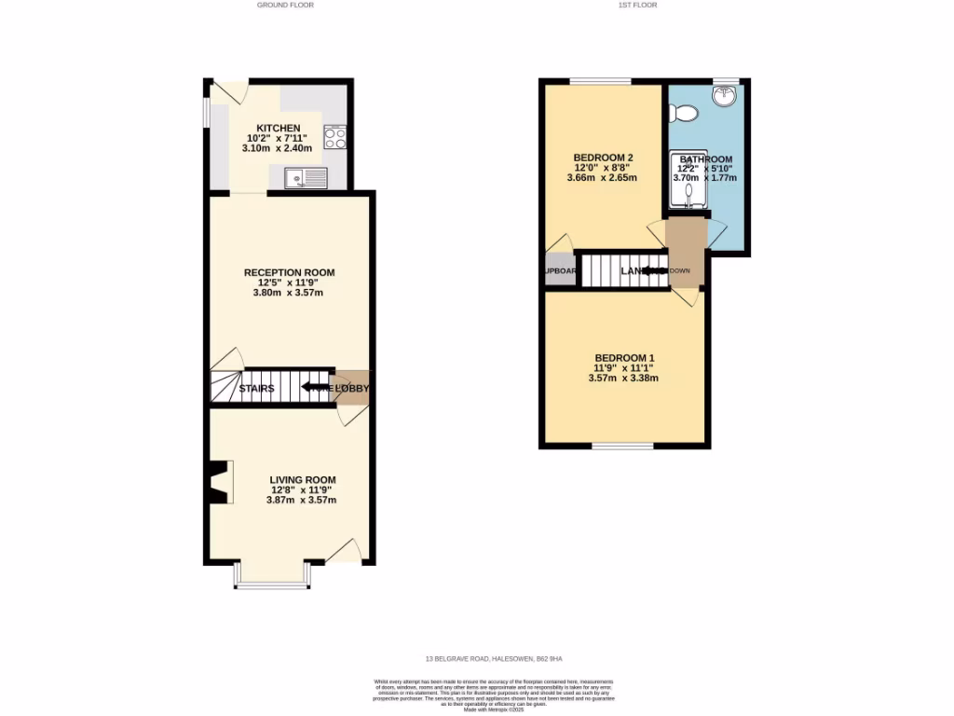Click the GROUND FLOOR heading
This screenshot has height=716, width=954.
pos(285,5)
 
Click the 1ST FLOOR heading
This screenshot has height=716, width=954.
pos(637,5)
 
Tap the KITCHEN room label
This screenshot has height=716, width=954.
pos(279,128)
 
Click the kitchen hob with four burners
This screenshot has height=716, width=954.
pos(334,138)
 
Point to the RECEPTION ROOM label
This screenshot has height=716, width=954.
pos(289,272)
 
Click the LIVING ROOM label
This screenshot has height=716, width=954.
pos(302,479)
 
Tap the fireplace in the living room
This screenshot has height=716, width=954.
pos(218,484)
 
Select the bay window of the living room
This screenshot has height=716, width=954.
pos(271,585)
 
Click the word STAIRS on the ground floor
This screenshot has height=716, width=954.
pos(256,389)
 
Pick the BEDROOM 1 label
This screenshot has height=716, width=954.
pos(624,358)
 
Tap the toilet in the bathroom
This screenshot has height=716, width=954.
pos(685,114)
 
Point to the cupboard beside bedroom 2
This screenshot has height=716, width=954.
pos(560,270)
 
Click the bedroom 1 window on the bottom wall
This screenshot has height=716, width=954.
pos(622,447)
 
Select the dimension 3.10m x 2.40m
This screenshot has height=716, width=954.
pos(279,148)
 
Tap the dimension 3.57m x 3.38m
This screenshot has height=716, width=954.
pos(624,379)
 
